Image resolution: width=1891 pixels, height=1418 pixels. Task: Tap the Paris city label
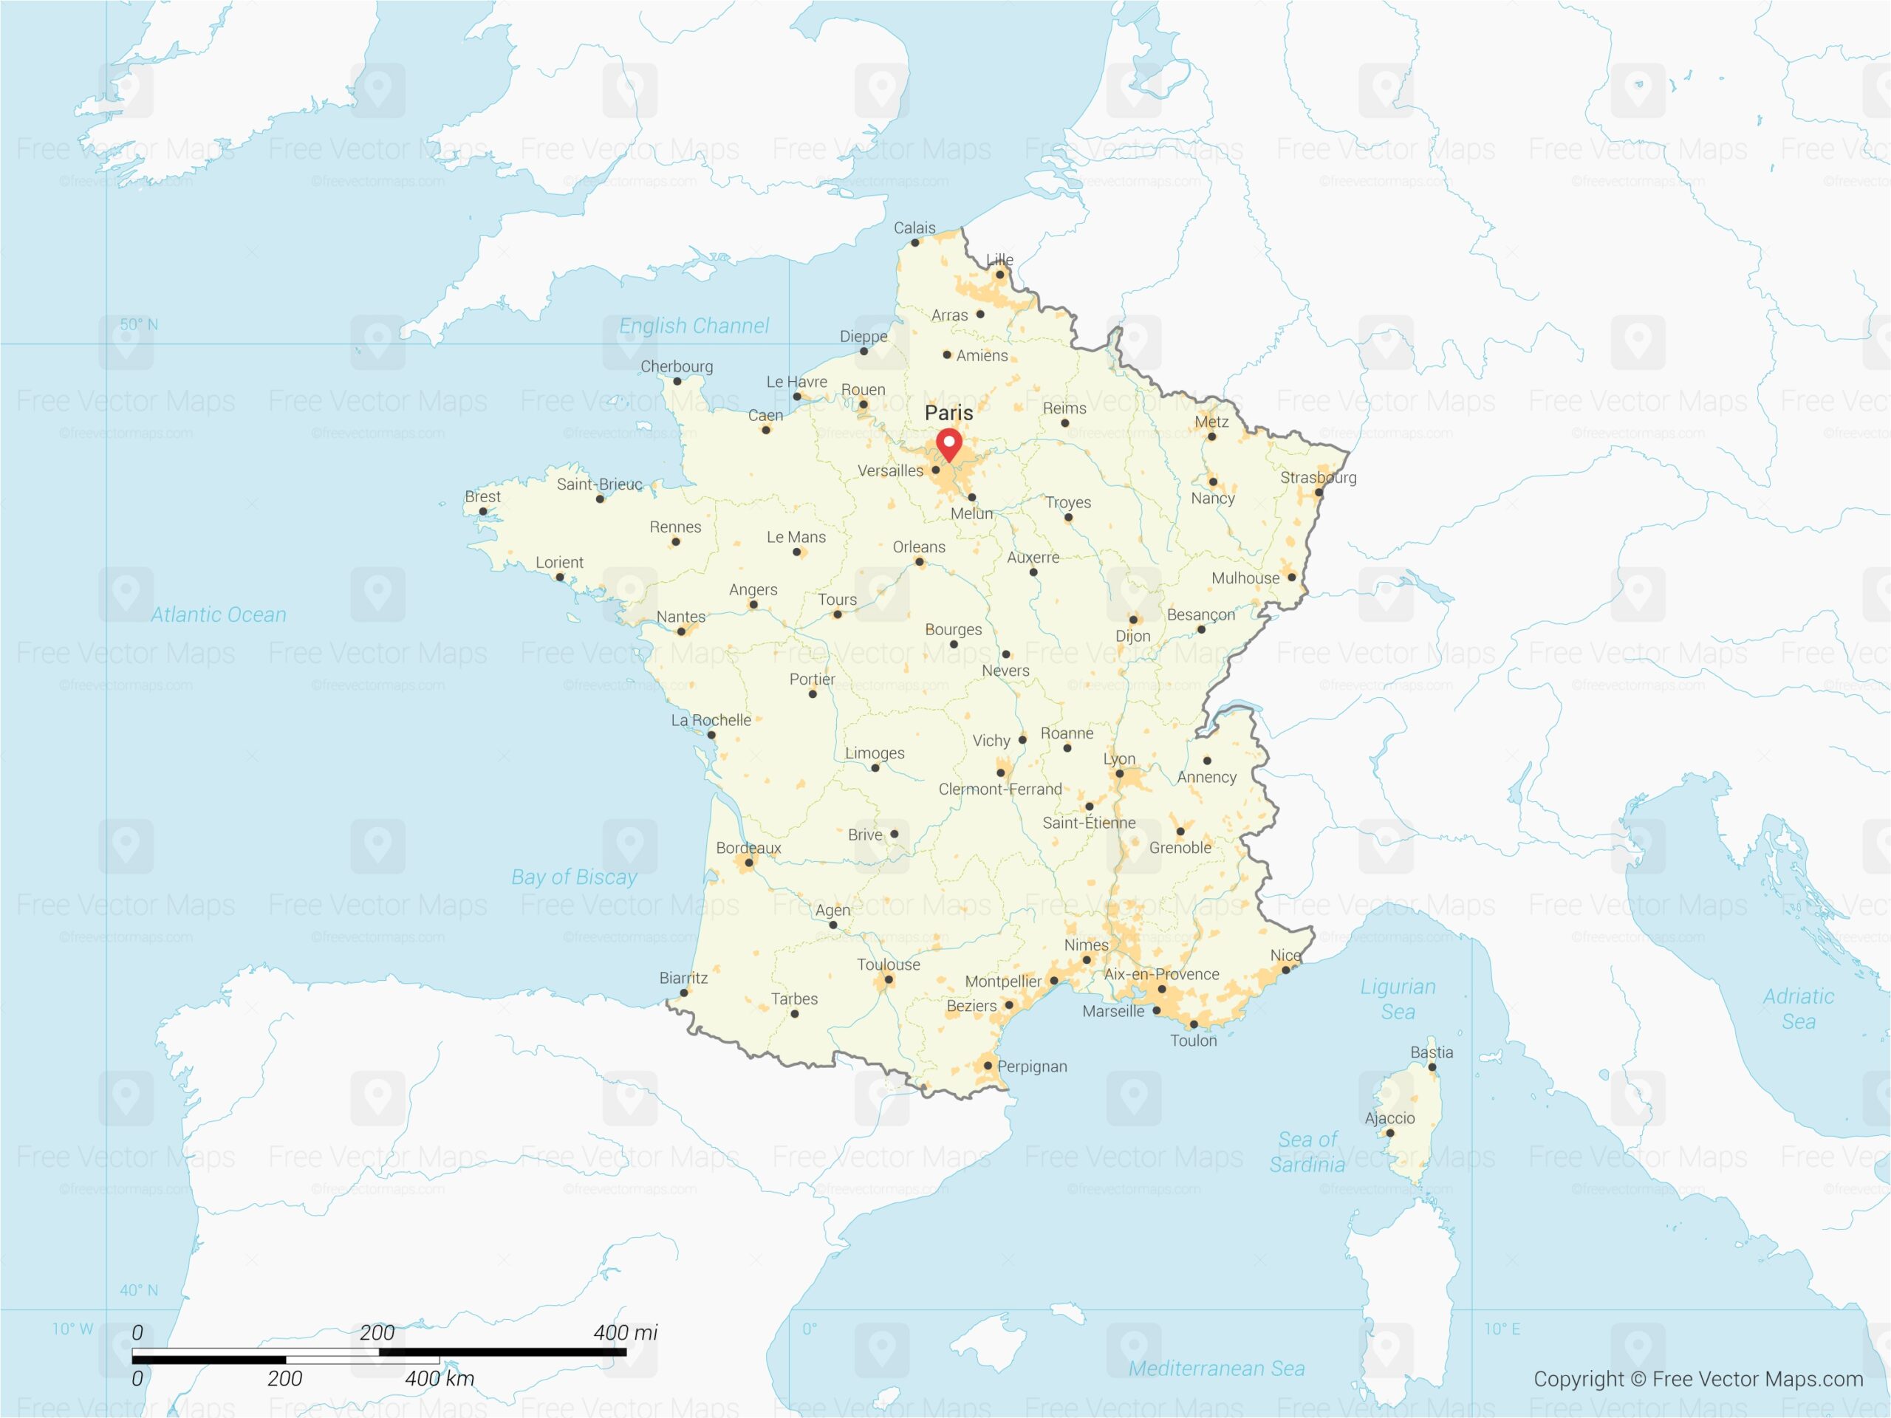949,413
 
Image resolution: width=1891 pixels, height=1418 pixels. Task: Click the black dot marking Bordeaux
749,863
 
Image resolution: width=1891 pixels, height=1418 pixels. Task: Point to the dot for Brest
483,511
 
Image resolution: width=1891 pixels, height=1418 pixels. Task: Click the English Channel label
694,326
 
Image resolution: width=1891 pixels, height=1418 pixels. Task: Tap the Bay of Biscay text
574,877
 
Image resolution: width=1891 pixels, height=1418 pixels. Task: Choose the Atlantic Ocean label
218,614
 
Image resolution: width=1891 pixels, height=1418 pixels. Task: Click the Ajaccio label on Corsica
1389,1118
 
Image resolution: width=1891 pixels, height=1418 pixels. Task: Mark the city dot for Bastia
1432,1066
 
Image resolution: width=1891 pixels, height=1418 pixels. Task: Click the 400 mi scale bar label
625,1332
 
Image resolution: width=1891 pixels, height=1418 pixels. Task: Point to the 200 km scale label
284,1378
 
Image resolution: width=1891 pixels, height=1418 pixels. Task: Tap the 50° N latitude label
138,325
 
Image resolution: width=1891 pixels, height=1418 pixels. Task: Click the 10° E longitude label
1501,1329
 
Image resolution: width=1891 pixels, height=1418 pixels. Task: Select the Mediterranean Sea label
1216,1369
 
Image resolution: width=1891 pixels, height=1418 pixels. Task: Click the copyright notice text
1697,1379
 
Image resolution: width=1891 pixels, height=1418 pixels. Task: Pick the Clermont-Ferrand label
999,789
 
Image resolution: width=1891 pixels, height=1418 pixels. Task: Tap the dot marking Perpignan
988,1065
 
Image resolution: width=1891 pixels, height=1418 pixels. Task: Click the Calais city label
914,228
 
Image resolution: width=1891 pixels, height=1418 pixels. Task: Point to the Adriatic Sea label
1798,1009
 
